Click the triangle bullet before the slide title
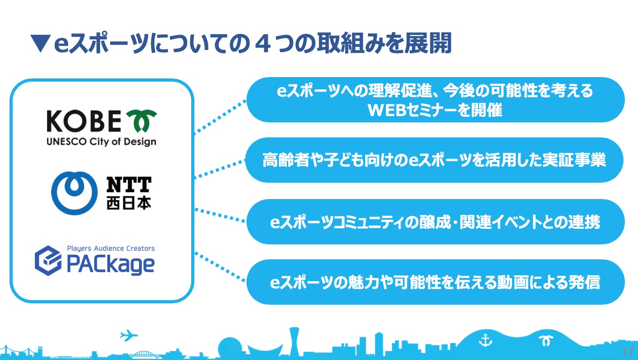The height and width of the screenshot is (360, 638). (40, 44)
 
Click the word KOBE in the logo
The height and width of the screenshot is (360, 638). (84, 121)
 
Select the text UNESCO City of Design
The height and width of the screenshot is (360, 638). (101, 141)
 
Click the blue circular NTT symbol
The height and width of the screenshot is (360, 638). (74, 193)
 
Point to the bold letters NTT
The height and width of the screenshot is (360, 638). (129, 185)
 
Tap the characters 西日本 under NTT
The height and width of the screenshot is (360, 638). (129, 203)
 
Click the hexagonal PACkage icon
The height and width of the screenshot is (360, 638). (48, 261)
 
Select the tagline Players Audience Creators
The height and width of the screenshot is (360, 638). (111, 248)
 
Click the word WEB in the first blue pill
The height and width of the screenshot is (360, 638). (387, 110)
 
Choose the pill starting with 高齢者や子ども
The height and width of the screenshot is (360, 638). (434, 160)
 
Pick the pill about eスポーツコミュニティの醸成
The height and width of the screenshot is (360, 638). (435, 222)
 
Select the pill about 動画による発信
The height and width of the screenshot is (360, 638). (435, 282)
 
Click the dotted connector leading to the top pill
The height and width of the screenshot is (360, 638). (220, 117)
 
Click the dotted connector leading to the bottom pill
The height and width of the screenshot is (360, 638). (220, 267)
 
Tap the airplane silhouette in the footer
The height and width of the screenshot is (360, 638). (129, 335)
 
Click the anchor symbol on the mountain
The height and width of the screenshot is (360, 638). (485, 341)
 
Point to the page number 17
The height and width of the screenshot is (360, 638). (628, 351)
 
